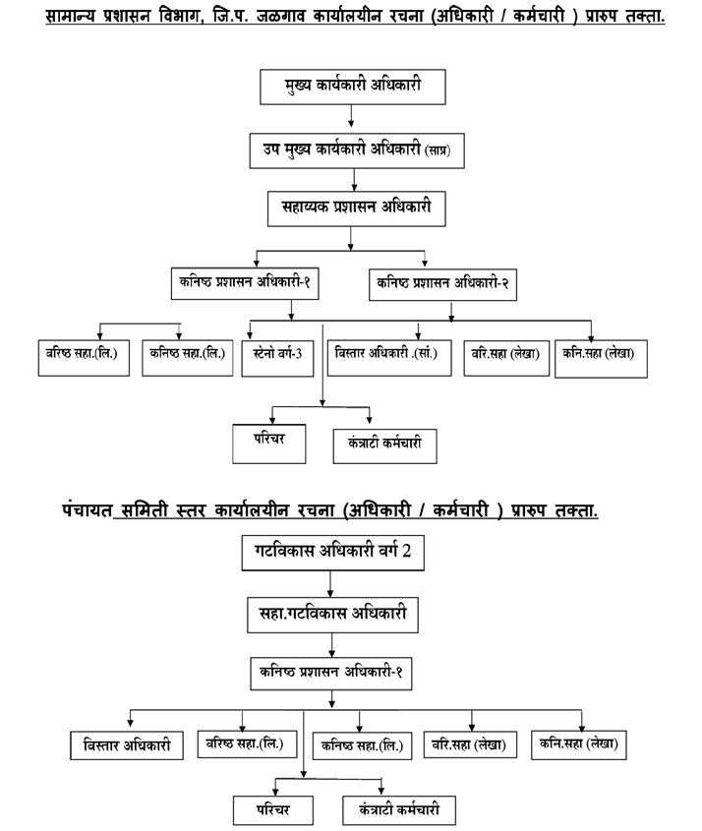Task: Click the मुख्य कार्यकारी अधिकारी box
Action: click(352, 87)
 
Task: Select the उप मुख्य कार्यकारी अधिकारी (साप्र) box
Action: click(357, 151)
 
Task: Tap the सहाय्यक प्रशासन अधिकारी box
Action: click(356, 208)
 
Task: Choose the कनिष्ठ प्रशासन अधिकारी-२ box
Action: click(442, 284)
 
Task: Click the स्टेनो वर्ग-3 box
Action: click(277, 358)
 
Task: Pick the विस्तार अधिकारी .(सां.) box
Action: click(389, 358)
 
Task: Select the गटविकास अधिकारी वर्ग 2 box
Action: click(332, 553)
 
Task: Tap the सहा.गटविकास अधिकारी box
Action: click(332, 615)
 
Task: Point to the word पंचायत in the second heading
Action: click(87, 509)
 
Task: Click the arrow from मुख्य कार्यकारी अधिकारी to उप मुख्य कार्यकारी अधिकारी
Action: click(351, 115)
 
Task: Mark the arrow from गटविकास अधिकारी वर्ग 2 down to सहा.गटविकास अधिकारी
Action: click(330, 584)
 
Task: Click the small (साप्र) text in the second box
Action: click(438, 150)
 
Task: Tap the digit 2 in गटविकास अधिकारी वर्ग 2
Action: click(406, 551)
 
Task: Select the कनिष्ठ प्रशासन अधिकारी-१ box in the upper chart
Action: click(245, 283)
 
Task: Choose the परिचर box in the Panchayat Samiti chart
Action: click(273, 809)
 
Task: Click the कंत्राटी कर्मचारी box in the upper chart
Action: click(385, 446)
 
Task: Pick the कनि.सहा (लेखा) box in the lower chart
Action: click(579, 745)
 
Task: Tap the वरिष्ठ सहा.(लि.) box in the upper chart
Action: click(84, 358)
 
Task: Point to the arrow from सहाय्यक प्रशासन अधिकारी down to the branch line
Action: click(350, 239)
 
